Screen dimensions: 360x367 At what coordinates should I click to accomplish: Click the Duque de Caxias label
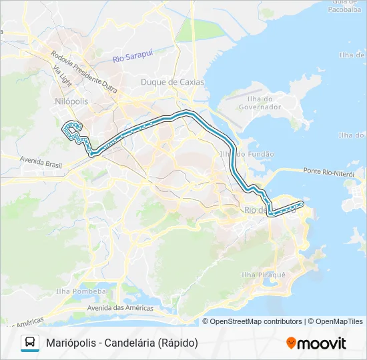click(172, 82)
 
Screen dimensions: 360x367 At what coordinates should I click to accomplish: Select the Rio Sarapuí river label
click(133, 59)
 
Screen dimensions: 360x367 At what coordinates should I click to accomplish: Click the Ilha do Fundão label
click(247, 154)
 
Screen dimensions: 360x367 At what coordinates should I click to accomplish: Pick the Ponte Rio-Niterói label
click(328, 172)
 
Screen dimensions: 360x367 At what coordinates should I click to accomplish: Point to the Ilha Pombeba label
click(81, 291)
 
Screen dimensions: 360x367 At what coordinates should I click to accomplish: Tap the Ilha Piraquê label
click(263, 275)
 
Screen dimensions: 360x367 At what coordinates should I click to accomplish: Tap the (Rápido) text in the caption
click(179, 343)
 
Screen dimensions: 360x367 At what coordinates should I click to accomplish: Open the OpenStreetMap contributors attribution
click(256, 321)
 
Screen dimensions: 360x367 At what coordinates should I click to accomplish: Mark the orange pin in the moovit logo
click(292, 343)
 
